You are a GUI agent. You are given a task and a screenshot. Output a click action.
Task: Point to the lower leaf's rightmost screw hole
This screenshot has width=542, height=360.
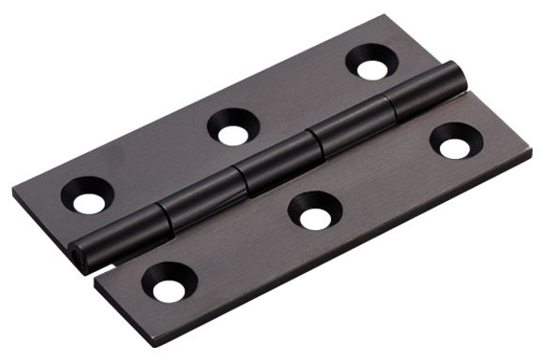[455, 147]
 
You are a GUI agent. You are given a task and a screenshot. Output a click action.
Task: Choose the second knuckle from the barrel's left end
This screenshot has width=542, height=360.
[198, 200]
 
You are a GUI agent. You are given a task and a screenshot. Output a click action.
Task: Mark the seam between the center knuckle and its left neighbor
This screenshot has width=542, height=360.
[239, 179]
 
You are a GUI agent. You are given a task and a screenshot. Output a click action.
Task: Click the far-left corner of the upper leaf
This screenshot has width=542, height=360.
[15, 194]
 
